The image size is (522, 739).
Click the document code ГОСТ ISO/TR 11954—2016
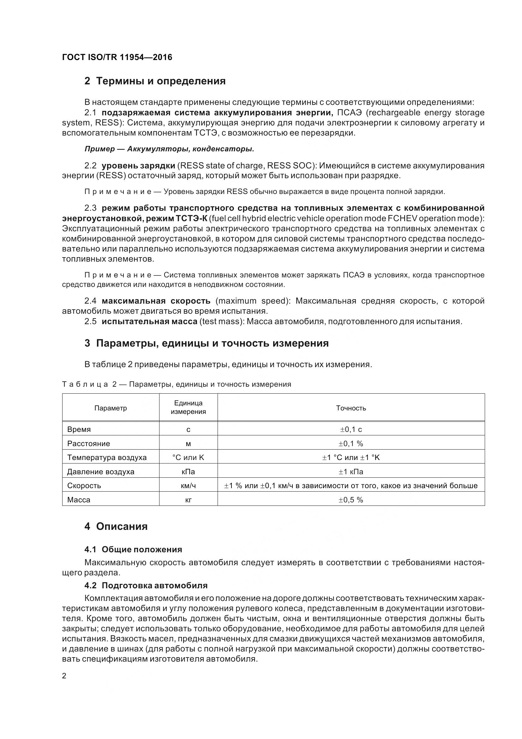click(117, 57)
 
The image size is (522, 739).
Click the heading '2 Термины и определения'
click(155, 81)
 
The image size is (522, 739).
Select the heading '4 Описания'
click(116, 526)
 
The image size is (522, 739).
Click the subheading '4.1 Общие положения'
click(133, 549)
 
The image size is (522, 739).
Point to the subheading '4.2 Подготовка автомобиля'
click(146, 585)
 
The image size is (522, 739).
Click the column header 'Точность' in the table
click(351, 408)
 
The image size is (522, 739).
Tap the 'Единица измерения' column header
click(188, 407)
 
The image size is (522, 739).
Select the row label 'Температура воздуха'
click(107, 457)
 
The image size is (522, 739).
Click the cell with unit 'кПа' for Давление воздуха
click(188, 471)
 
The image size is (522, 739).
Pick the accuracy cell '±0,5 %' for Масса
click(351, 500)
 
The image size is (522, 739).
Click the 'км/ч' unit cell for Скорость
click(188, 486)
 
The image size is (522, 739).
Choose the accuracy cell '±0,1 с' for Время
click(351, 429)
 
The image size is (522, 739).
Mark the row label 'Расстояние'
click(88, 444)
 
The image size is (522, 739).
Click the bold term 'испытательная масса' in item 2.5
click(149, 321)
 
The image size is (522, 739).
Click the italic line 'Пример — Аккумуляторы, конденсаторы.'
click(169, 149)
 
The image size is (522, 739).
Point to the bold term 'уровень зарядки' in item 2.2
click(138, 166)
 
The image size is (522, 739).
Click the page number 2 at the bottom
click(64, 675)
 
